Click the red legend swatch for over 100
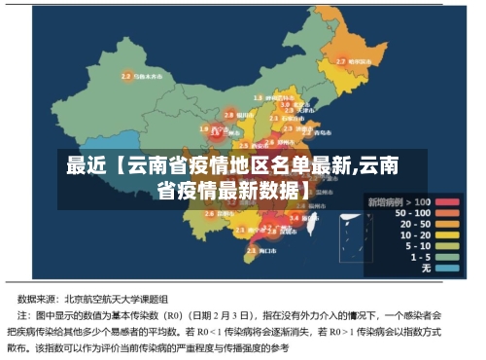(x=446, y=201)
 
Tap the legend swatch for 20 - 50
(x=446, y=224)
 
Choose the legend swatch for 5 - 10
(x=446, y=245)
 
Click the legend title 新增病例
(x=385, y=201)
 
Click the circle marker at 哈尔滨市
(x=341, y=61)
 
